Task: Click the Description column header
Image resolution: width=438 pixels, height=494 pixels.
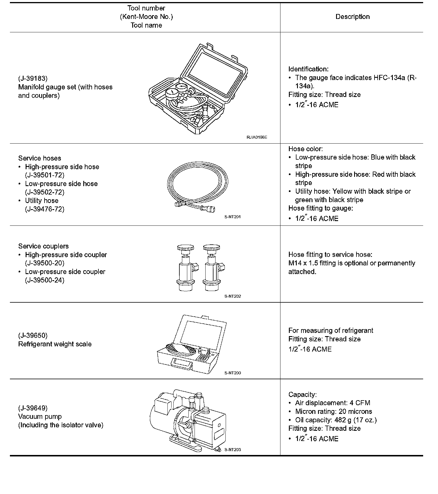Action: click(x=352, y=17)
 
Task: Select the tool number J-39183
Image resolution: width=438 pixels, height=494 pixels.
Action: click(x=33, y=78)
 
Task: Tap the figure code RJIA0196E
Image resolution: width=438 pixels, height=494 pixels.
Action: click(x=257, y=137)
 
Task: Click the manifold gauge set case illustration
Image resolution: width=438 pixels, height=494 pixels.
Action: click(x=198, y=89)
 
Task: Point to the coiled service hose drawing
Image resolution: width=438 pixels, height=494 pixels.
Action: click(x=197, y=185)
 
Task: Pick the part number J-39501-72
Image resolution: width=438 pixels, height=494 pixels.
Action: click(x=45, y=175)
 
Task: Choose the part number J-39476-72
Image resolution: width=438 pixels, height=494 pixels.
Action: click(x=45, y=209)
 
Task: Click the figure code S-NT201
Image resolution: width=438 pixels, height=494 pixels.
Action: click(x=233, y=217)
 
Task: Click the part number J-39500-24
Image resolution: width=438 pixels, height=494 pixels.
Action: click(x=45, y=280)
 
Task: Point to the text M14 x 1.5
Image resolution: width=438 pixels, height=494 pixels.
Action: click(x=303, y=263)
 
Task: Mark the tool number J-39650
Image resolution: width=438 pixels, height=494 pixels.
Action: click(x=33, y=336)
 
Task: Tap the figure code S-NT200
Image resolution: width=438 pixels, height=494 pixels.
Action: click(x=233, y=373)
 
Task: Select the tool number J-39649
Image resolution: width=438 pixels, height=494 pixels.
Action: click(x=33, y=408)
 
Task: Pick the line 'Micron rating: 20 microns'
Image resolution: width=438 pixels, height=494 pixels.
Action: click(x=333, y=412)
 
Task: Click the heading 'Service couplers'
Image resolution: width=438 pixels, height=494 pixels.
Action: click(x=43, y=246)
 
